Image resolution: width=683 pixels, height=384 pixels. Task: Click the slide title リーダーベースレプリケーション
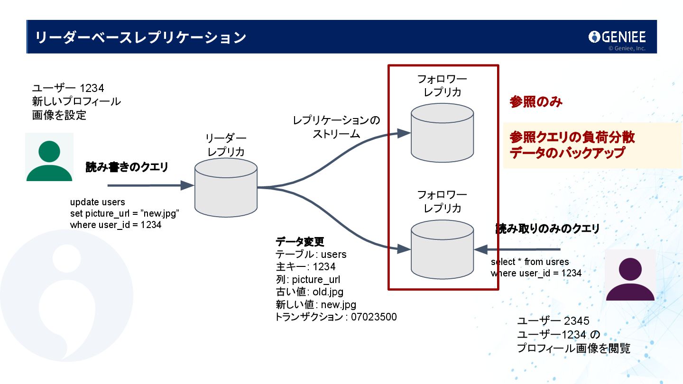tap(141, 37)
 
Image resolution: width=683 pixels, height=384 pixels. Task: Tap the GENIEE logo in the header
tap(617, 37)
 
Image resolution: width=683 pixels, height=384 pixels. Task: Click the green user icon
tap(49, 157)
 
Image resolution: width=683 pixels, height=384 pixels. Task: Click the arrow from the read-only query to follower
tap(517, 249)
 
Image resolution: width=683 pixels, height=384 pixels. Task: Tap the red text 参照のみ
tap(536, 102)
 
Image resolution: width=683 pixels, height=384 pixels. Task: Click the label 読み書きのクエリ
tap(127, 167)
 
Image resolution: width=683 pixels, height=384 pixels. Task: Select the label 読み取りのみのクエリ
tap(547, 229)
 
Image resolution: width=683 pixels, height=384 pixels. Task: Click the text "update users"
tap(98, 202)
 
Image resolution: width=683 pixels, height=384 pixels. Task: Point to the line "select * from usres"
tap(530, 262)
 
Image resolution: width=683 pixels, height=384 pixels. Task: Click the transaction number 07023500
tap(374, 317)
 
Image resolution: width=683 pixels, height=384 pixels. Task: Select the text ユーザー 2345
tap(553, 321)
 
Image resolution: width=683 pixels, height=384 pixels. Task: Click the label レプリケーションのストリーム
tap(336, 127)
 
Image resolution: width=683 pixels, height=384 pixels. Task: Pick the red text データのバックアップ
tap(567, 153)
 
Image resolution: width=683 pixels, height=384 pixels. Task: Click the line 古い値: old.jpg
tap(309, 292)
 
